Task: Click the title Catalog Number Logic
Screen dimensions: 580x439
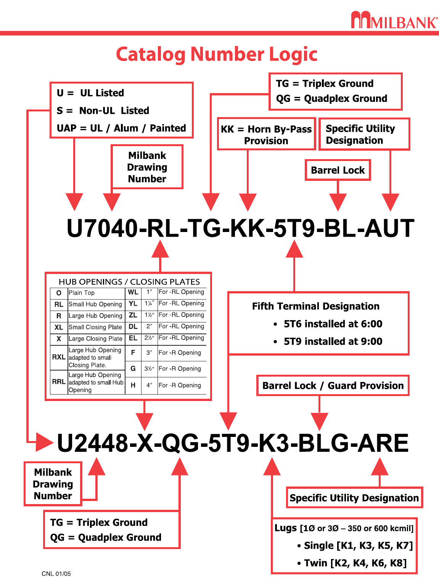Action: coord(217,54)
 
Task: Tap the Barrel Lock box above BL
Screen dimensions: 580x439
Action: coord(338,170)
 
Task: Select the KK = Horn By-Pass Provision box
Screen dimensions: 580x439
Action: coord(266,134)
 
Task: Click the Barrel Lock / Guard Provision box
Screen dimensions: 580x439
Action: coord(333,385)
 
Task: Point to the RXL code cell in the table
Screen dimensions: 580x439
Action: coord(59,357)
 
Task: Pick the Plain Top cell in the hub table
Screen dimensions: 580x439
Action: coord(96,293)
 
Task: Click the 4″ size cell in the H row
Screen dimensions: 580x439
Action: coord(149,385)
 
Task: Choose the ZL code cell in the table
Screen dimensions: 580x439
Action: coord(133,315)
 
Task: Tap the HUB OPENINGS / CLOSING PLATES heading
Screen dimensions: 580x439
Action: coord(129,282)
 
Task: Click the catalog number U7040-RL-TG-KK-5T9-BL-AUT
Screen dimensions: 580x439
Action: coord(240,228)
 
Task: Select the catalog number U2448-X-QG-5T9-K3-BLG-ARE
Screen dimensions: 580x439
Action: coord(233,443)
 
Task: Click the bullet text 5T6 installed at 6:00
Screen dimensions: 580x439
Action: coord(333,324)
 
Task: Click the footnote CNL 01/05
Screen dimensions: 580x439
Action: coord(56,574)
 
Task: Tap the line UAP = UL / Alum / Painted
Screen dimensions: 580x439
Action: coord(121,128)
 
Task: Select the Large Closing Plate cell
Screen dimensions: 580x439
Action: coord(96,338)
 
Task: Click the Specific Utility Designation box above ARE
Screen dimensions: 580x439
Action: coord(354,498)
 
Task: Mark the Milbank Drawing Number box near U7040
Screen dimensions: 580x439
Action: coord(147,167)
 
